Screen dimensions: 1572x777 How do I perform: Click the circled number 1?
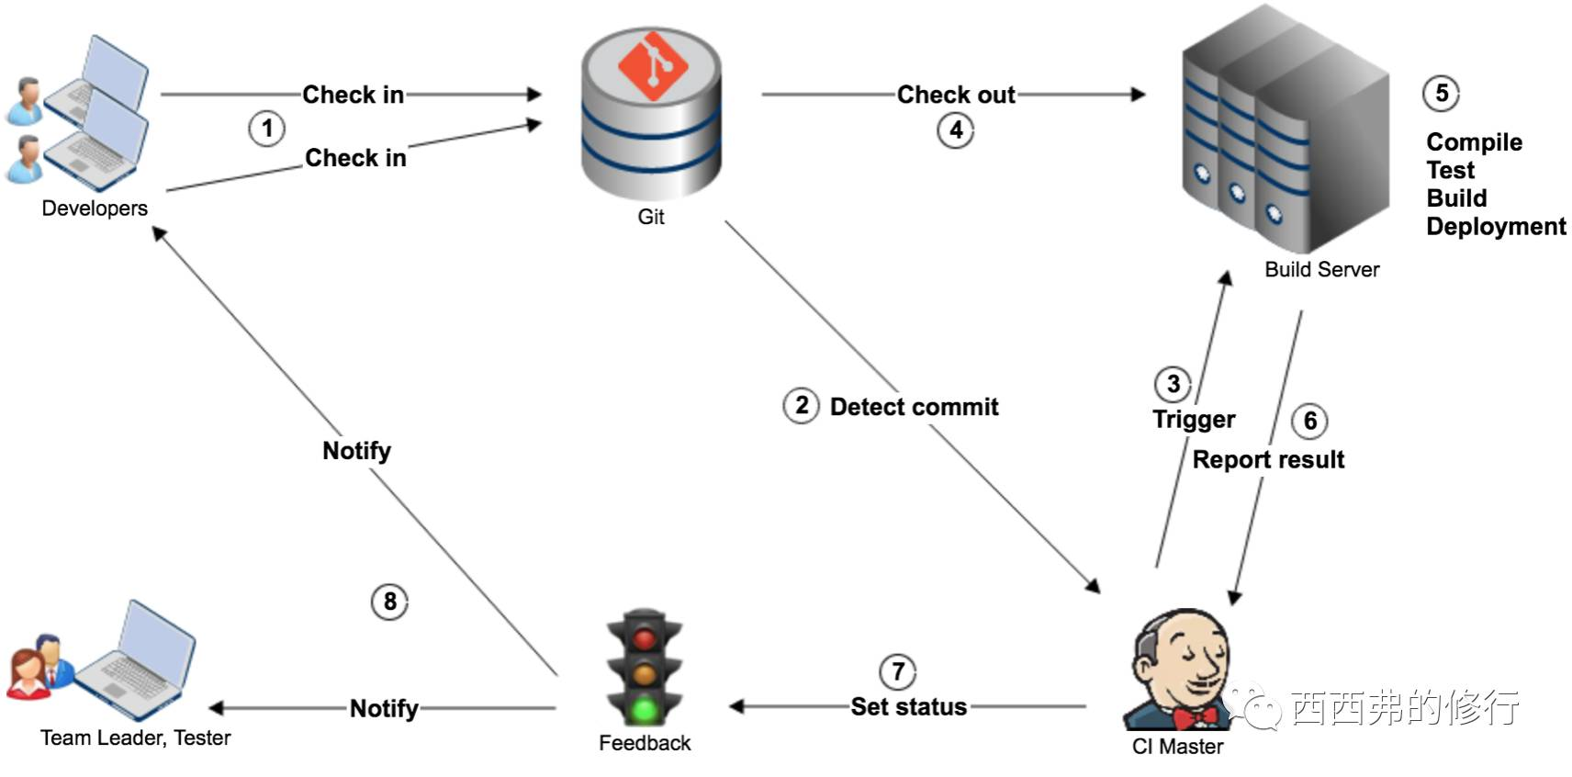point(266,129)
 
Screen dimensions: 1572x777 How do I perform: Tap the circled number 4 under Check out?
point(956,130)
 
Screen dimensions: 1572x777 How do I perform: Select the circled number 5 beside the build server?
point(1442,93)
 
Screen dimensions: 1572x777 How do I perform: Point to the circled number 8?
point(389,602)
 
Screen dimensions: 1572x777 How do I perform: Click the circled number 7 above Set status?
point(898,671)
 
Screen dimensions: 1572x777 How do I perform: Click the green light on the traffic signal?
point(645,710)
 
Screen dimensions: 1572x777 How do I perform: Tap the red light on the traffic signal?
point(645,638)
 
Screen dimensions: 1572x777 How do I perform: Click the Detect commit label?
point(914,407)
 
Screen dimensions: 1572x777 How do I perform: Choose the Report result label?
point(1268,460)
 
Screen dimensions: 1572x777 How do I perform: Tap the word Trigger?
point(1194,420)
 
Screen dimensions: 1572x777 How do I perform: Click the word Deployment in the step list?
point(1496,227)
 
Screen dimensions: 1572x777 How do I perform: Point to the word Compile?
point(1475,142)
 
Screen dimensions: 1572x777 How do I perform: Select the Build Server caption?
point(1322,269)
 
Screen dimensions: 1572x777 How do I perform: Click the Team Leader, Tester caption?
point(136,738)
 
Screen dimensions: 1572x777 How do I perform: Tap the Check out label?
point(956,94)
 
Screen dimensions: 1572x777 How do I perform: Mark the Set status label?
point(909,707)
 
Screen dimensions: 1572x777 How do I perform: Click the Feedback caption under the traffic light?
point(645,743)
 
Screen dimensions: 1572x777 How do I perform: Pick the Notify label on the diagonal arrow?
point(356,451)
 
